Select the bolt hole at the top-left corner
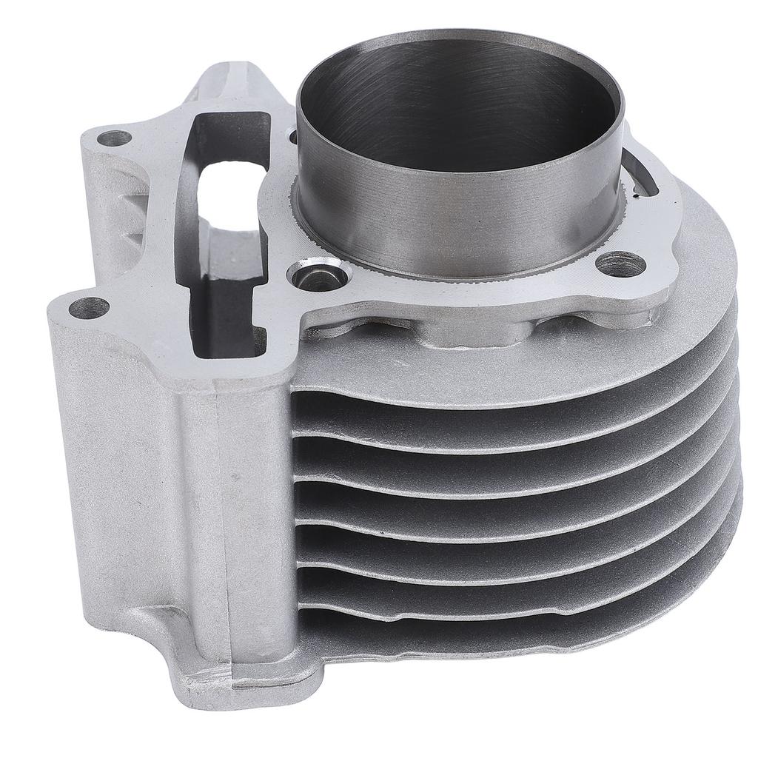[114, 137]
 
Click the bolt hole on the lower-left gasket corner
[90, 306]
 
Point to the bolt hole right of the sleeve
[619, 264]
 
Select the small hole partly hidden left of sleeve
[292, 137]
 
